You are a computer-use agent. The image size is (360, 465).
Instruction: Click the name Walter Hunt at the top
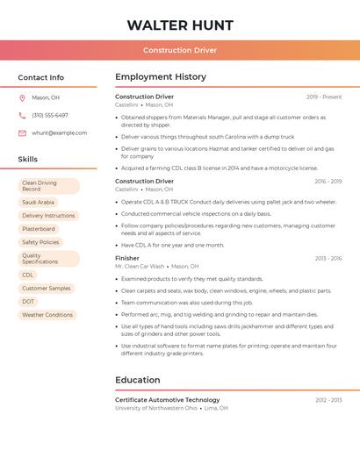point(180,25)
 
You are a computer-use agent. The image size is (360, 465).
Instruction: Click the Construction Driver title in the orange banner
point(180,50)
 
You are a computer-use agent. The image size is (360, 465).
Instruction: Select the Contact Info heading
point(41,77)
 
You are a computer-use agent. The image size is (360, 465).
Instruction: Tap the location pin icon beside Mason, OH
point(22,97)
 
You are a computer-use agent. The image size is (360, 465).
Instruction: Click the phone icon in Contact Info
point(22,115)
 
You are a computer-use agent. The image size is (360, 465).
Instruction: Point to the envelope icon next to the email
point(22,132)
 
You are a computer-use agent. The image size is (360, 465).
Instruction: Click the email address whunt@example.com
point(60,132)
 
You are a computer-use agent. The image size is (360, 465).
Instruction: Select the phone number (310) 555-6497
point(50,115)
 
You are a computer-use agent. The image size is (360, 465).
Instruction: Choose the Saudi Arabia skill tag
point(38,202)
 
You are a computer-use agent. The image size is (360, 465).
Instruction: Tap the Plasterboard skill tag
point(39,229)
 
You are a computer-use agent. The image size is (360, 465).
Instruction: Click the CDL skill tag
point(28,275)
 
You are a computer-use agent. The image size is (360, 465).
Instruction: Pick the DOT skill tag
point(28,301)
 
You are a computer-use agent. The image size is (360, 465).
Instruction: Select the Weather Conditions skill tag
point(47,314)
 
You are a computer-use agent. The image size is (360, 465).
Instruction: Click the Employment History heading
point(161,77)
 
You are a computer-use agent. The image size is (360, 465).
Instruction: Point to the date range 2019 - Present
point(324,97)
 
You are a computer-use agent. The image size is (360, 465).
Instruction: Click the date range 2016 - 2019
point(328,182)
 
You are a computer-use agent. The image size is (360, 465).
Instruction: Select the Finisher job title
point(127,258)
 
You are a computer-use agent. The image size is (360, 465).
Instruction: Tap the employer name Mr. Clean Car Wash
point(140,266)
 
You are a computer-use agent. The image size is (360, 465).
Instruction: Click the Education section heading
point(138,380)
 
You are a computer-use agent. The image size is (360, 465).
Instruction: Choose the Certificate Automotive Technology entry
point(168,399)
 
